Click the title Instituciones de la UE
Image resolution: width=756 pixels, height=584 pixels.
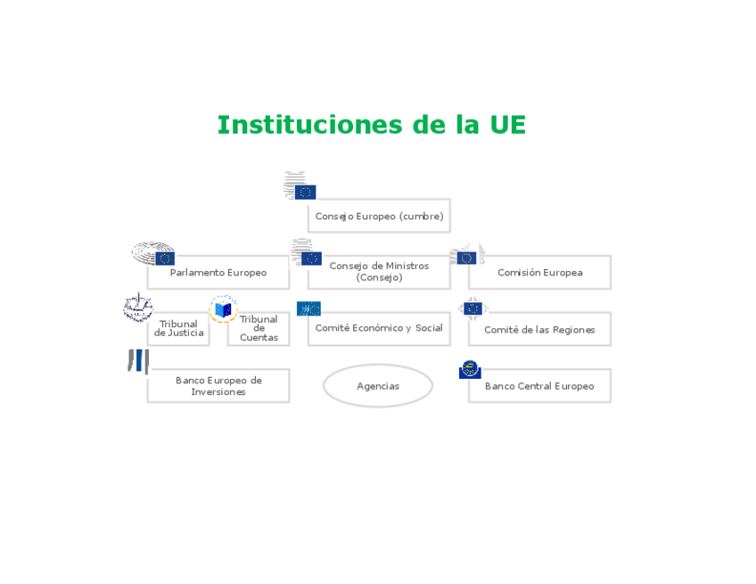click(x=372, y=125)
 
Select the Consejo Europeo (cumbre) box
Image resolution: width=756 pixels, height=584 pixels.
click(x=379, y=216)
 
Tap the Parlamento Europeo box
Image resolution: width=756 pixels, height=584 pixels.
click(x=218, y=272)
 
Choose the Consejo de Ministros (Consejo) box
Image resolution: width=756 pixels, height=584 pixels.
click(x=379, y=272)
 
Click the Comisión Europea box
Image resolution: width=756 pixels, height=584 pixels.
click(x=539, y=272)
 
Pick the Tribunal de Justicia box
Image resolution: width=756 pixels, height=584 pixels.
click(x=178, y=329)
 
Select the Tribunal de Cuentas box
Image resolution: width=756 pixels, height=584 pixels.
click(x=259, y=329)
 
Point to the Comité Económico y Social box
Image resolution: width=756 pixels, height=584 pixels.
click(x=379, y=328)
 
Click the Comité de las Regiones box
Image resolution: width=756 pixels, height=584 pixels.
click(x=539, y=329)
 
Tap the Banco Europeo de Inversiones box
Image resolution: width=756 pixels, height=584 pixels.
click(x=218, y=385)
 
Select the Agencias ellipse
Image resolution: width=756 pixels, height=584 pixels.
click(x=378, y=386)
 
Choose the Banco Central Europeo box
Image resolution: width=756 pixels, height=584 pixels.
click(x=539, y=386)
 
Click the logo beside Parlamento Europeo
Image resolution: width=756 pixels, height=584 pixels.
click(x=153, y=254)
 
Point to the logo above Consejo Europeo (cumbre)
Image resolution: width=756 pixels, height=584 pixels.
click(x=300, y=185)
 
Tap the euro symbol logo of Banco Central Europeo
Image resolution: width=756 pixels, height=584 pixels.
click(x=470, y=369)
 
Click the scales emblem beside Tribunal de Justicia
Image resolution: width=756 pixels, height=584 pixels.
click(x=138, y=308)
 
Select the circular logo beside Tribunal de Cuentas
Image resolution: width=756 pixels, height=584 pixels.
click(x=223, y=309)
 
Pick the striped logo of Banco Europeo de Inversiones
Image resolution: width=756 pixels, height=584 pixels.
click(x=137, y=361)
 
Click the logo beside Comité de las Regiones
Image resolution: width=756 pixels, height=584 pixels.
click(x=472, y=309)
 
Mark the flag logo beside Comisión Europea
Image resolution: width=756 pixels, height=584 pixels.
click(x=467, y=255)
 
